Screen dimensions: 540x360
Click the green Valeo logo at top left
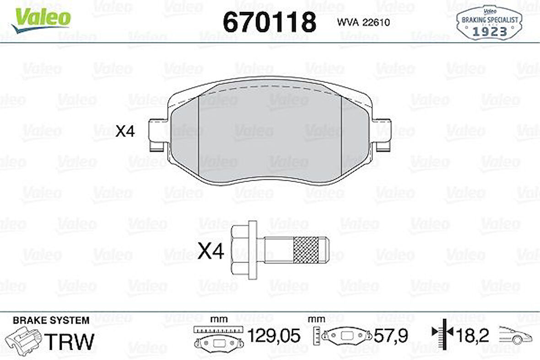click(x=41, y=19)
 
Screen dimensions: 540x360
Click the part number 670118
click(x=269, y=22)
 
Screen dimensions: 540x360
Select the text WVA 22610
click(x=363, y=22)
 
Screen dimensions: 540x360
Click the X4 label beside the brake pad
click(x=125, y=131)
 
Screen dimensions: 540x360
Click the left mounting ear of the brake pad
click(x=159, y=135)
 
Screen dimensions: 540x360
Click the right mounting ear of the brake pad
click(x=381, y=135)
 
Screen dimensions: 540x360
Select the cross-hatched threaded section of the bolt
click(x=306, y=251)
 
